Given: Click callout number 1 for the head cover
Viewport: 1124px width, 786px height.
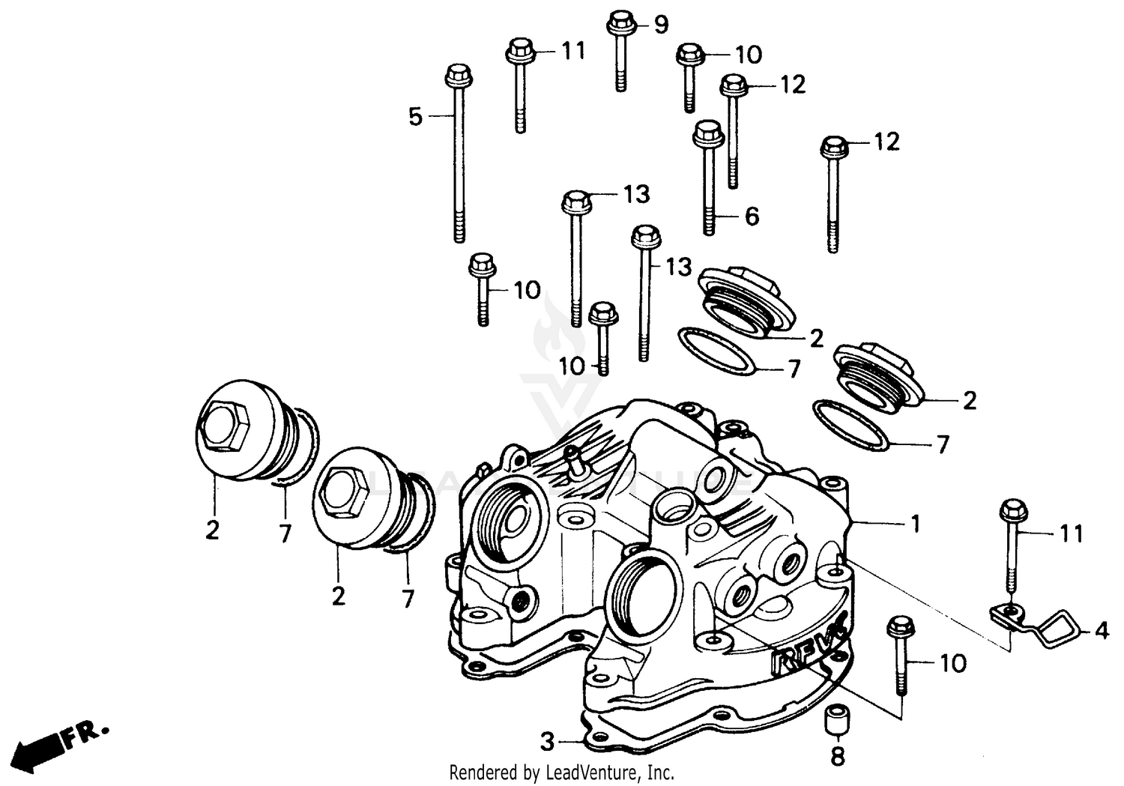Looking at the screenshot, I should tap(914, 524).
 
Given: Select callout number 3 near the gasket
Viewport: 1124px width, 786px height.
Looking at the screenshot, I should tap(548, 742).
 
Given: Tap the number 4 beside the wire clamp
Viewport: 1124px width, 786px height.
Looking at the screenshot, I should tap(1101, 632).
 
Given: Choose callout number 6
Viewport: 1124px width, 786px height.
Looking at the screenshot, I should tap(752, 217).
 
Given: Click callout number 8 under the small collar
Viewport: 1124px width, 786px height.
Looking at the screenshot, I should tap(837, 757).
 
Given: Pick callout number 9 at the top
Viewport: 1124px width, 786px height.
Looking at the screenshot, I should tap(660, 25).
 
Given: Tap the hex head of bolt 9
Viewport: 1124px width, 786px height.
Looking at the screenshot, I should tap(620, 22).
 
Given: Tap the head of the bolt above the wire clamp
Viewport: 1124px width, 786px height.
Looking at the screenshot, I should tap(1011, 511).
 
